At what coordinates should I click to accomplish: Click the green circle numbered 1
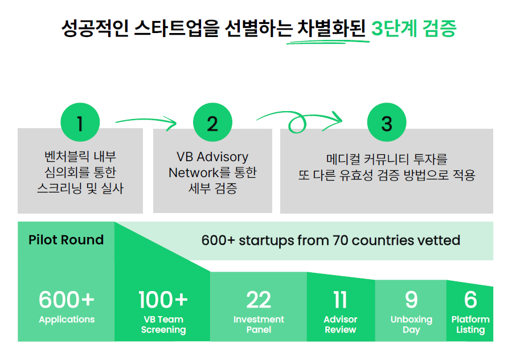(x=80, y=122)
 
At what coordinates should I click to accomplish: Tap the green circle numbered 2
(x=212, y=122)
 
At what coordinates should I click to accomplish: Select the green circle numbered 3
(x=387, y=122)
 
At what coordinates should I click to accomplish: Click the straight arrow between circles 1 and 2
(x=146, y=121)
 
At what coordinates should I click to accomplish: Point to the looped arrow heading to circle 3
(x=299, y=120)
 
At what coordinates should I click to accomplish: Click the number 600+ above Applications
(x=67, y=300)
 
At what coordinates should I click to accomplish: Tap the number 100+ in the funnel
(x=163, y=300)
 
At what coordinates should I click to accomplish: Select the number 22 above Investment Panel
(x=259, y=300)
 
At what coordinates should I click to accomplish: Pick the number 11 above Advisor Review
(x=340, y=300)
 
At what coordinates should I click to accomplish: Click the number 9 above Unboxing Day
(x=411, y=300)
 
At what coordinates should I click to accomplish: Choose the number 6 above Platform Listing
(x=470, y=300)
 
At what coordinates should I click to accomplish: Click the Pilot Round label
(x=66, y=240)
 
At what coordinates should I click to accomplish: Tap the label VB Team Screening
(x=163, y=325)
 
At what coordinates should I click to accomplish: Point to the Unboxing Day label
(x=411, y=325)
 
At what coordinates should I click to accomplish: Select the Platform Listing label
(x=470, y=325)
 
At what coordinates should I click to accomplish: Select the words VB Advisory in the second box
(x=212, y=157)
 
